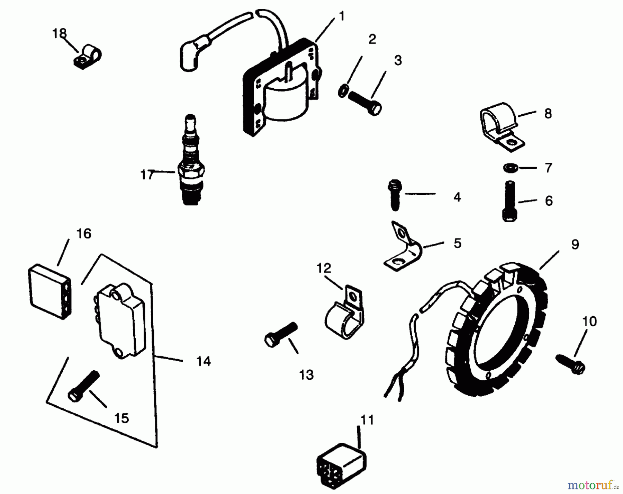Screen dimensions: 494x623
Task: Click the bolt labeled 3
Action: (365, 102)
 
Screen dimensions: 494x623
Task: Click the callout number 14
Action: (203, 362)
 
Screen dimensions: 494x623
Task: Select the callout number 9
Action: (575, 245)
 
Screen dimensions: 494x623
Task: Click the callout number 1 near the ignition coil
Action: (341, 16)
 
